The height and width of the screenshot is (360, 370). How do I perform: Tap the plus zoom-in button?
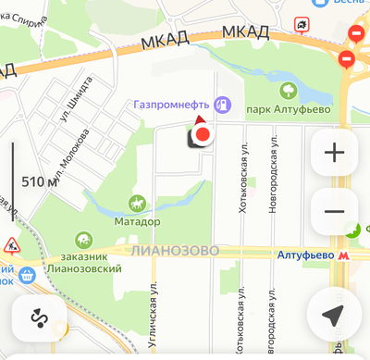click(x=334, y=153)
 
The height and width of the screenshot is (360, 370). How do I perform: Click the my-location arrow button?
click(x=334, y=316)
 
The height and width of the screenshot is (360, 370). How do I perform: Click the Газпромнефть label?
click(x=171, y=105)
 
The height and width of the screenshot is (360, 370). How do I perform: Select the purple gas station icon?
click(x=221, y=104)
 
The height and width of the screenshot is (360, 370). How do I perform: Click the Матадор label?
click(x=138, y=222)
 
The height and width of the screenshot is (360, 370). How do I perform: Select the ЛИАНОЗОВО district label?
click(x=175, y=251)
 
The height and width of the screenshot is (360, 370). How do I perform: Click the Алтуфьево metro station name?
click(x=304, y=254)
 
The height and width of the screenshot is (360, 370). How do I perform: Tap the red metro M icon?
click(x=343, y=254)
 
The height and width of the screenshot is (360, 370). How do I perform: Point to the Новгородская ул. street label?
click(x=273, y=179)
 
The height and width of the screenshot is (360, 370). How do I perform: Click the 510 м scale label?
click(x=38, y=181)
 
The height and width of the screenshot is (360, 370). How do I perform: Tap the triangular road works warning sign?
click(x=12, y=245)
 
